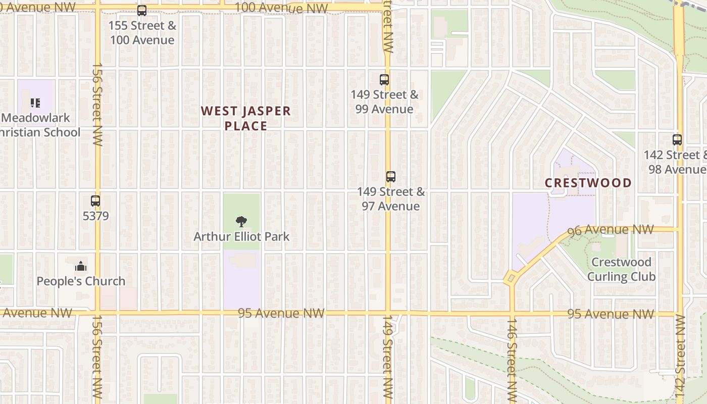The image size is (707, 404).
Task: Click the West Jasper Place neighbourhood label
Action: point(246,118)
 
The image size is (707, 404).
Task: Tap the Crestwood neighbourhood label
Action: point(588,183)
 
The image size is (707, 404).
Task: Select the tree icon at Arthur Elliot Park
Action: point(241,221)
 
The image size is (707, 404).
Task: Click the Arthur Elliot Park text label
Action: point(241,236)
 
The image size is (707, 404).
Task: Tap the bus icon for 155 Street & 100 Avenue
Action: point(142,11)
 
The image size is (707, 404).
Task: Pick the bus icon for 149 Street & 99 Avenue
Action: point(384,79)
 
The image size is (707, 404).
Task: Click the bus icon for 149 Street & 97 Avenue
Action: point(390,177)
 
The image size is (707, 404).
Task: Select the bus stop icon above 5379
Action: point(95,201)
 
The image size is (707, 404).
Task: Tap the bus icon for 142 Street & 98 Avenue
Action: point(677,140)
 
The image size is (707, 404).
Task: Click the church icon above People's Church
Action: point(81,266)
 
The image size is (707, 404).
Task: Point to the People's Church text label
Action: point(81,281)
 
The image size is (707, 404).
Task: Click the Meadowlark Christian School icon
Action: point(35,103)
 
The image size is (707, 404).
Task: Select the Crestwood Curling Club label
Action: point(621,269)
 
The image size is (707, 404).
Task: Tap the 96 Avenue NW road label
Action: point(611,230)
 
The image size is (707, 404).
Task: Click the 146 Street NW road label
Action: point(512,360)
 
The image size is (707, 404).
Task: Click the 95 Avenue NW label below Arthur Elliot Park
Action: point(281,313)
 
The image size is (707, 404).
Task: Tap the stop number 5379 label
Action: point(95,216)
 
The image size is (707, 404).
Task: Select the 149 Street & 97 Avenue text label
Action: point(391,199)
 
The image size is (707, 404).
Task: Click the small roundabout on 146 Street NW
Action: point(511,277)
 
